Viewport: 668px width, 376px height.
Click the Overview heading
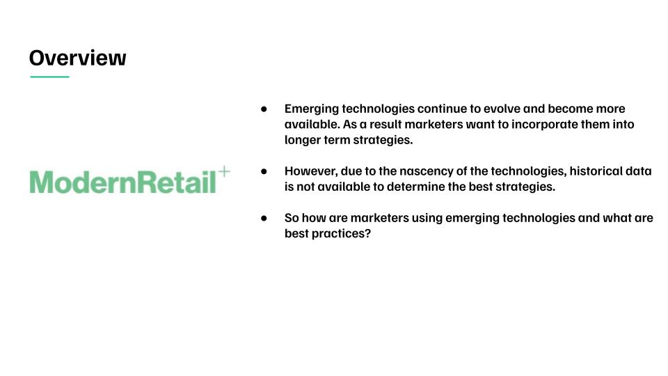(x=77, y=58)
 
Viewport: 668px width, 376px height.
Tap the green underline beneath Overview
(x=49, y=77)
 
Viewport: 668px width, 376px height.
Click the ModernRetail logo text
(x=122, y=182)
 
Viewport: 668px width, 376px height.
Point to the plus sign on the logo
(x=224, y=172)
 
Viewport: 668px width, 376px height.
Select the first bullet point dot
(x=264, y=109)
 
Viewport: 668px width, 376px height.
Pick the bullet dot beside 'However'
(x=264, y=171)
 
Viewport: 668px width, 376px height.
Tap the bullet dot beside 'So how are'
(x=264, y=218)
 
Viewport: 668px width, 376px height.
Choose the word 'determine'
(x=409, y=187)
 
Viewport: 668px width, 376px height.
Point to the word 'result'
(x=385, y=124)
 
